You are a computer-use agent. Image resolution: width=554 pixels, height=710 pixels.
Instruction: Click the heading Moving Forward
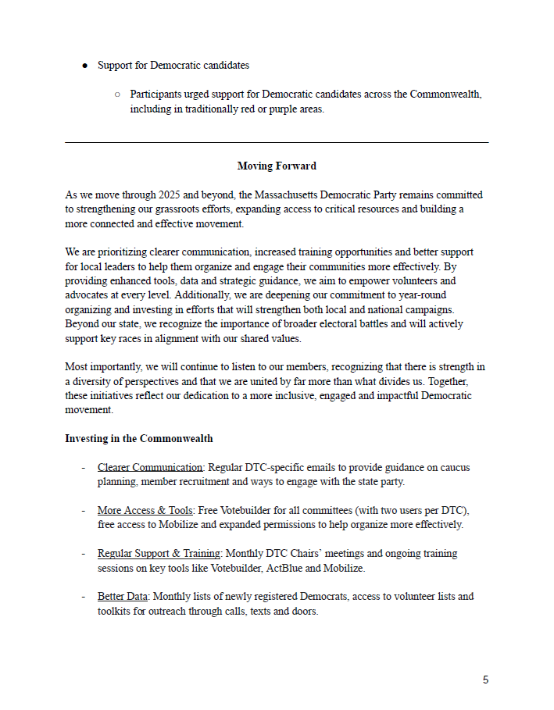(277, 166)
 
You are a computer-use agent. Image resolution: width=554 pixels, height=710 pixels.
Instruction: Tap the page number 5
(485, 680)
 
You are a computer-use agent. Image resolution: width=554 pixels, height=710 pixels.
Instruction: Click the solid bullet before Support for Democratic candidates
(84, 65)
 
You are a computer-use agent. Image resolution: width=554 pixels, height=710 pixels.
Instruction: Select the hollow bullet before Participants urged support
(117, 95)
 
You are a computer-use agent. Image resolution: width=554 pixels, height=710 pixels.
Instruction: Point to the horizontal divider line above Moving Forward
(277, 142)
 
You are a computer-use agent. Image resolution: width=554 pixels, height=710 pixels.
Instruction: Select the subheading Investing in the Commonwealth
(139, 439)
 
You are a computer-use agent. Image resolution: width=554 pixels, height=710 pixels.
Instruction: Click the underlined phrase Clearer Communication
(150, 468)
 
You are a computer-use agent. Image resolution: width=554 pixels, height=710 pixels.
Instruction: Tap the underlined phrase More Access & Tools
(145, 511)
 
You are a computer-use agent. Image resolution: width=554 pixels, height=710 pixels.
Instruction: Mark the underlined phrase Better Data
(122, 597)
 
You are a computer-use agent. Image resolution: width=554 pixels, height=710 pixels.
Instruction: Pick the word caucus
(454, 468)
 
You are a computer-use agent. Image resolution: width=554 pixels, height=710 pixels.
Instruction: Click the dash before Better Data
(84, 597)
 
